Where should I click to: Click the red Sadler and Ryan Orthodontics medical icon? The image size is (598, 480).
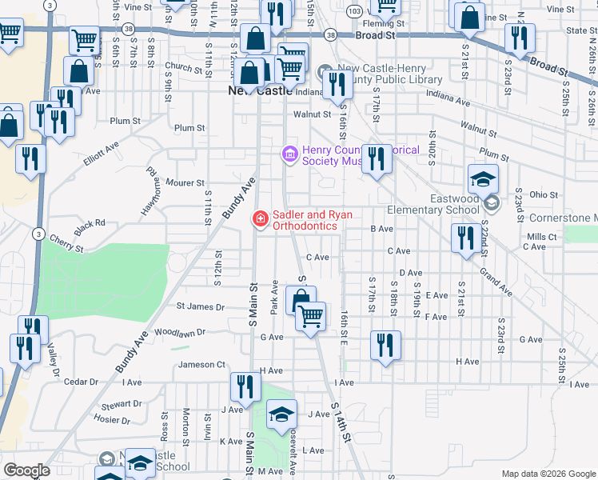[x=260, y=218]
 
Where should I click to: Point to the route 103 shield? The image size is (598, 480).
[x=354, y=10]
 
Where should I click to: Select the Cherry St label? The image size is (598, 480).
[x=66, y=244]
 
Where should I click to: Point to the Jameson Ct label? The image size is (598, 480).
[x=197, y=365]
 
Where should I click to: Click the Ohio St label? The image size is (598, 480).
[x=543, y=194]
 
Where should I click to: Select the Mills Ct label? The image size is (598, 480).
[x=542, y=237]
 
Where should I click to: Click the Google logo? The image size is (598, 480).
[x=26, y=470]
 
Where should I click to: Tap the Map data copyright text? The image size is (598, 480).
[x=548, y=474]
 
